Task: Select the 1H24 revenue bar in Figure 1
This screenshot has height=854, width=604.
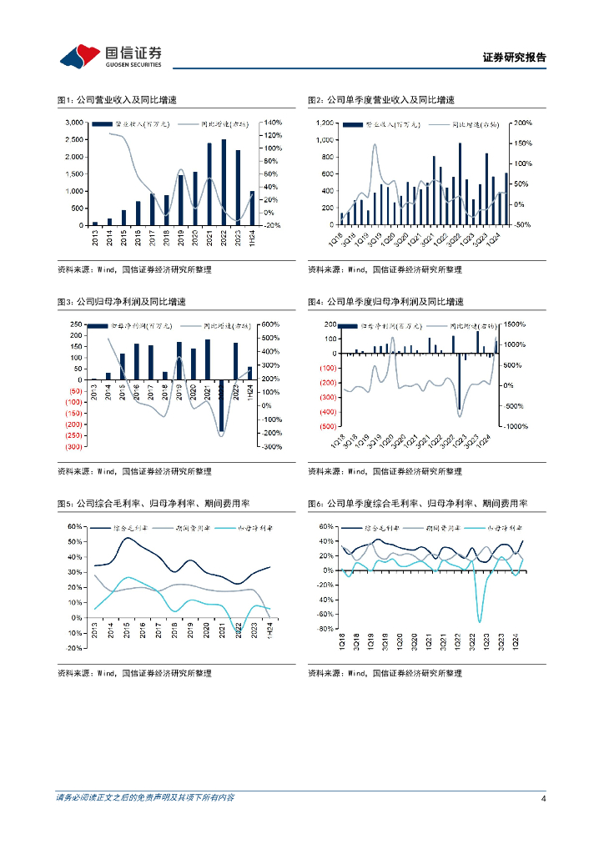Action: pyautogui.click(x=253, y=208)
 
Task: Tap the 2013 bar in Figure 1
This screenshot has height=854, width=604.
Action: pyautogui.click(x=95, y=224)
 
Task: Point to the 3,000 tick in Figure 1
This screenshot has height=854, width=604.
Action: pyautogui.click(x=73, y=123)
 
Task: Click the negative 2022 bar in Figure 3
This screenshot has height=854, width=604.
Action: pyautogui.click(x=222, y=405)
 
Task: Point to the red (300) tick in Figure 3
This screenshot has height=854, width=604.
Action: pyautogui.click(x=73, y=447)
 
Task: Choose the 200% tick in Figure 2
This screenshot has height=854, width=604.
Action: pyautogui.click(x=523, y=123)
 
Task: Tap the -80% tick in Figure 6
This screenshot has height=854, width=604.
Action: pyautogui.click(x=323, y=629)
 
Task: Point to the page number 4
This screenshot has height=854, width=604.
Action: pyautogui.click(x=543, y=798)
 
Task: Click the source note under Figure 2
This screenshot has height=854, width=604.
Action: pyautogui.click(x=385, y=269)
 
